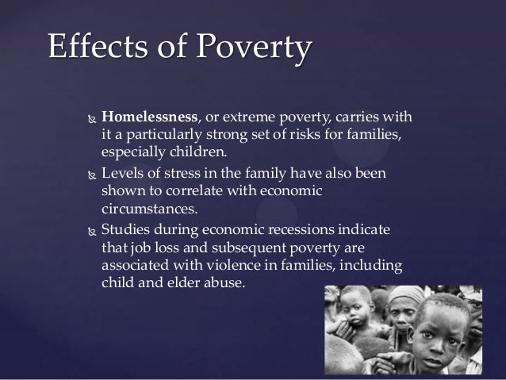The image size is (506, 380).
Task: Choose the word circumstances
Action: pos(147,209)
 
